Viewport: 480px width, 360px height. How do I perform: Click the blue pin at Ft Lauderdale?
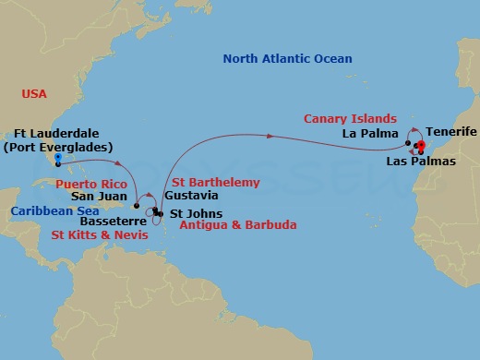57,159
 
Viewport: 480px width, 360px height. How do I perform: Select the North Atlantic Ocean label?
287,59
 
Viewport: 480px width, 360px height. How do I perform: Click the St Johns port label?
189,214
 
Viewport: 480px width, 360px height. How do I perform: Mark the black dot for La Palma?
409,144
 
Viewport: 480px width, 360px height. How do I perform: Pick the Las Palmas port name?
418,162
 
